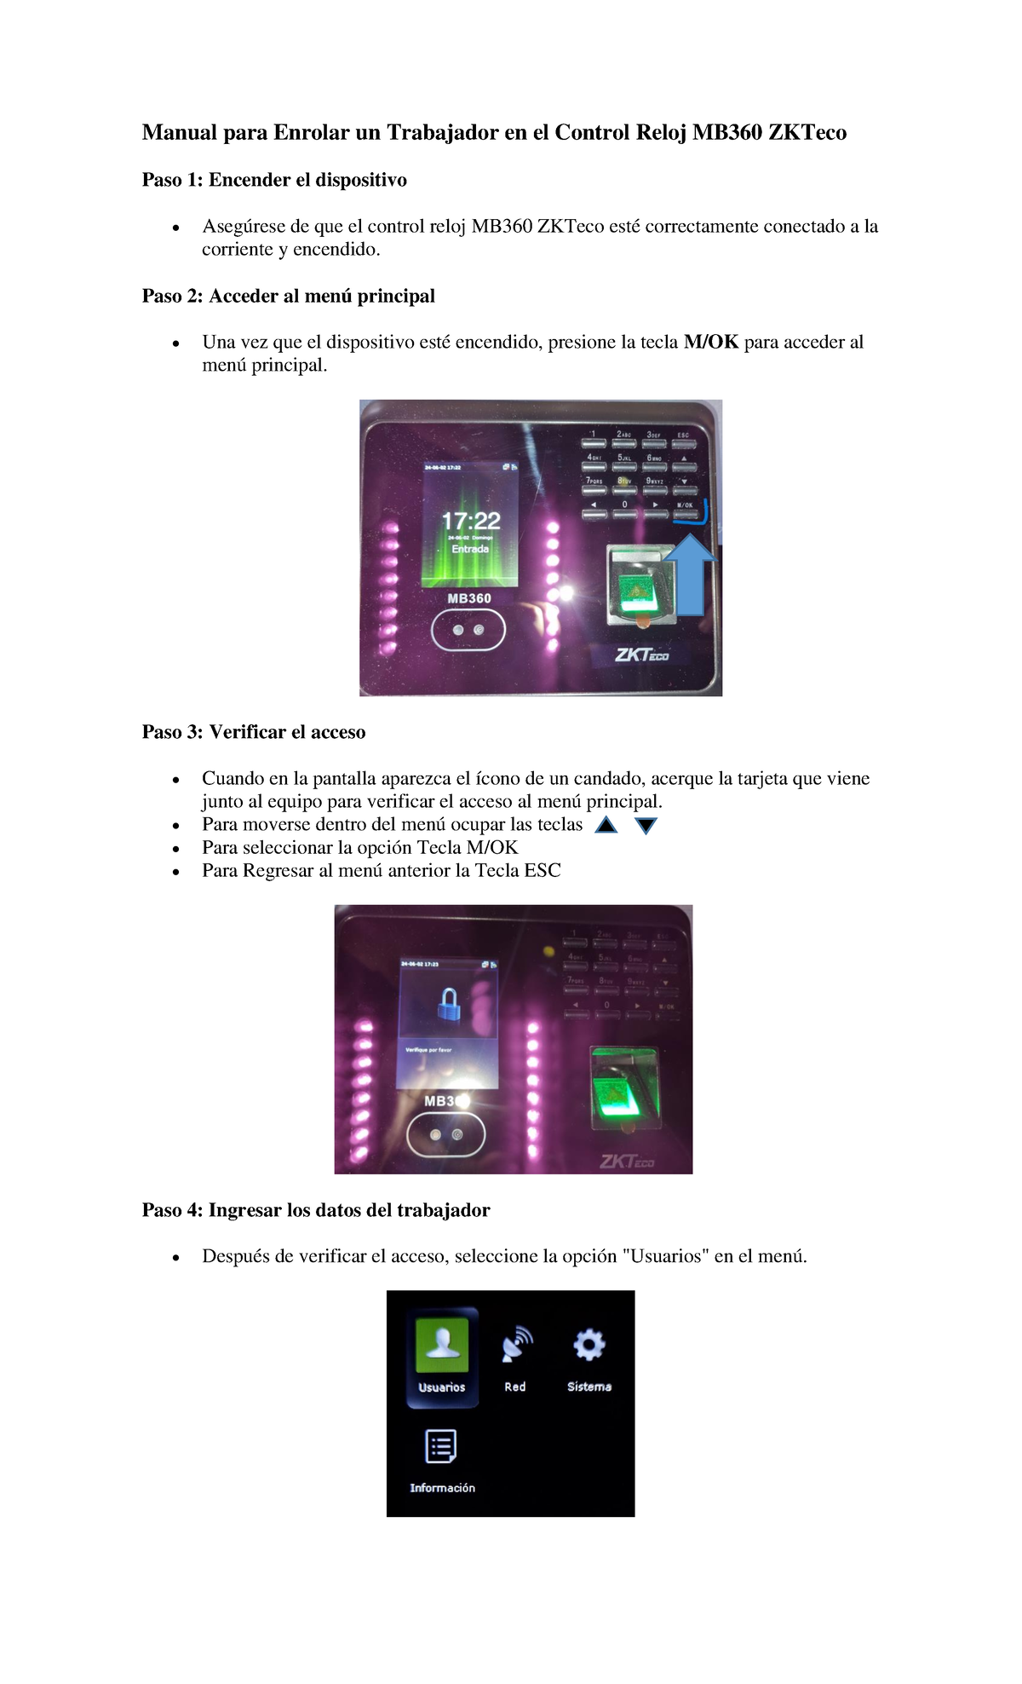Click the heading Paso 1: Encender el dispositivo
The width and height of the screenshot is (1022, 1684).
[274, 180]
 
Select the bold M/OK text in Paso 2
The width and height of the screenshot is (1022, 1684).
[711, 343]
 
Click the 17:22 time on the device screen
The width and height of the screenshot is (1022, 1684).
[470, 521]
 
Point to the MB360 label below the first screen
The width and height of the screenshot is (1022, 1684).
[469, 598]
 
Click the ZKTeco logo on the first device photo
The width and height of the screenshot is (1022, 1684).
[642, 655]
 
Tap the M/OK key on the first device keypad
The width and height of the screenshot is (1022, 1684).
[686, 514]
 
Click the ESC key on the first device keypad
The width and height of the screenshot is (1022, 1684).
[683, 443]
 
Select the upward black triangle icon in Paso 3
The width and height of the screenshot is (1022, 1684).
[606, 825]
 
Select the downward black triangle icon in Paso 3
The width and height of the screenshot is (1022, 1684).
[646, 825]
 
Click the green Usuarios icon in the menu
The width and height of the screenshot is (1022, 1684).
[442, 1344]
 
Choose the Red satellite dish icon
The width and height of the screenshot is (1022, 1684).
[515, 1344]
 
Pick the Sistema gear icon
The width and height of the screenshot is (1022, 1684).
[589, 1344]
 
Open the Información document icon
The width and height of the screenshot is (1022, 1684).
[441, 1446]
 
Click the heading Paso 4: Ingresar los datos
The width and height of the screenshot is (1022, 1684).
[316, 1210]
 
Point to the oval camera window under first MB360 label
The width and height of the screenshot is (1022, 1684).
[468, 631]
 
